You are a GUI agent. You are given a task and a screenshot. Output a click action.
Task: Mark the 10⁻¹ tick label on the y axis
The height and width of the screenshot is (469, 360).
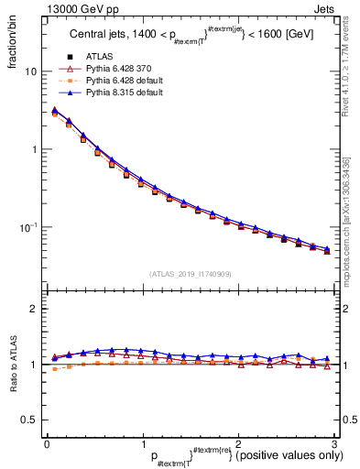(28, 226)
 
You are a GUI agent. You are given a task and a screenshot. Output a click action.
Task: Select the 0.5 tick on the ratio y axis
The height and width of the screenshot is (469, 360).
(29, 420)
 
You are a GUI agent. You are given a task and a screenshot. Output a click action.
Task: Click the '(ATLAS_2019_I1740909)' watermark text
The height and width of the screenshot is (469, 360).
(190, 274)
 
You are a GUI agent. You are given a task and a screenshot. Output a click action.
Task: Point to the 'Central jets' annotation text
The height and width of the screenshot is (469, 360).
(100, 36)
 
